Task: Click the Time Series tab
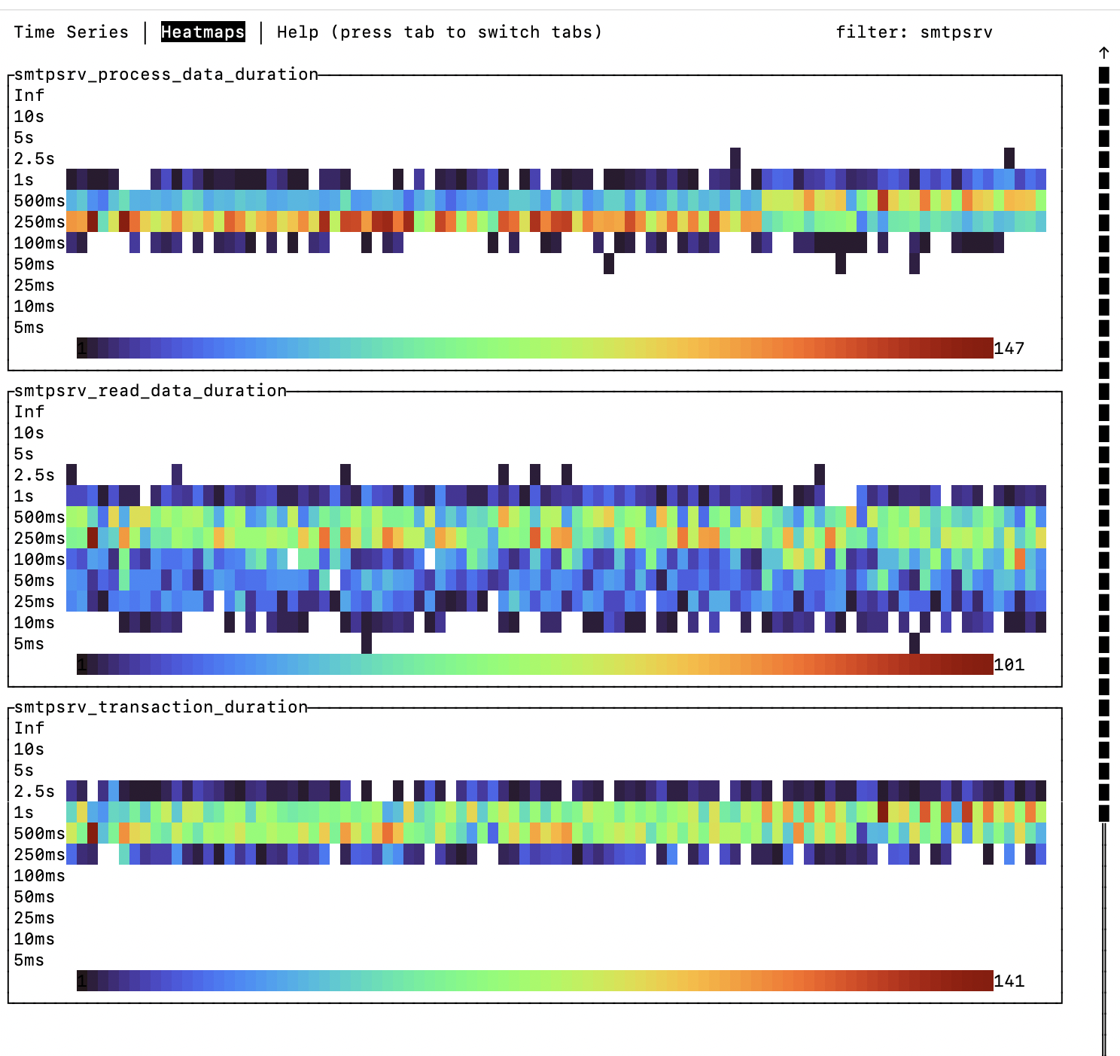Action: click(x=71, y=32)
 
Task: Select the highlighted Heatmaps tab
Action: click(x=202, y=32)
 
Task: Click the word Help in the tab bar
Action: click(x=297, y=32)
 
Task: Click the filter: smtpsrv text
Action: click(x=914, y=32)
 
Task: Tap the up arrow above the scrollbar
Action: click(x=1103, y=53)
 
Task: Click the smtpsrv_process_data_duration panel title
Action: click(x=166, y=74)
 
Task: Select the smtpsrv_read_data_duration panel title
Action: click(x=150, y=390)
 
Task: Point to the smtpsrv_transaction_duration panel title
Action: click(x=160, y=707)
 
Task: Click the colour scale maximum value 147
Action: click(x=1009, y=348)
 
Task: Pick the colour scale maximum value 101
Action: click(x=1009, y=664)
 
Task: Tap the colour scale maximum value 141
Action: click(x=1009, y=981)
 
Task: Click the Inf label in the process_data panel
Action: click(x=29, y=95)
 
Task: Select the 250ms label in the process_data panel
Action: click(x=39, y=221)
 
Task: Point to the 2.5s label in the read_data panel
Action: click(x=34, y=475)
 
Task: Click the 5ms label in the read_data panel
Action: click(x=29, y=643)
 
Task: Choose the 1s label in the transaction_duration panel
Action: click(x=23, y=812)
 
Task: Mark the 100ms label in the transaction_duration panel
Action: click(x=39, y=875)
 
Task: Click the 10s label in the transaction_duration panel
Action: click(x=29, y=749)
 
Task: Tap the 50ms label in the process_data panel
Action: click(x=34, y=264)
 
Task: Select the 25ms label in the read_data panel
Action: click(x=34, y=601)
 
